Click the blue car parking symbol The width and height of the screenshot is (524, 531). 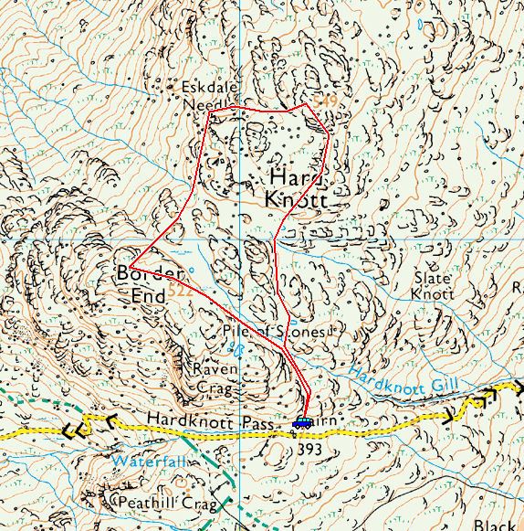[302, 422]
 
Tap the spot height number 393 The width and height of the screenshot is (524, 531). [309, 449]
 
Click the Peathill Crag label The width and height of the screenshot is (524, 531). [167, 504]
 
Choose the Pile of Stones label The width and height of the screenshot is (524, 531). [273, 332]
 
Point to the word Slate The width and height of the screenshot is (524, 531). [433, 277]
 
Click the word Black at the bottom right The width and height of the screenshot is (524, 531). [495, 525]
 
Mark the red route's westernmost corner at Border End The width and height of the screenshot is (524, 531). [131, 268]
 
